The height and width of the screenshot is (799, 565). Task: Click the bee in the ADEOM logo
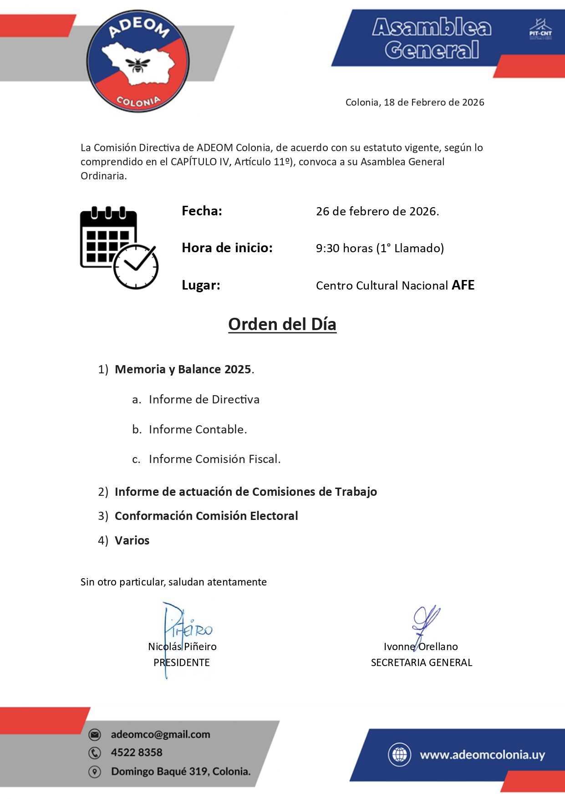pos(138,65)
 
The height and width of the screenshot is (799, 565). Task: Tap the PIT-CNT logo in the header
pos(540,30)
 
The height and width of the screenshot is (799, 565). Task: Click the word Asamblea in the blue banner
pos(432,28)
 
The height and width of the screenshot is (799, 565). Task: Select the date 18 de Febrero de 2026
pos(434,102)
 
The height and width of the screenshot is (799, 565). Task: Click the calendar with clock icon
pos(119,247)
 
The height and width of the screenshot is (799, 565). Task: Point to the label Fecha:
pos(202,211)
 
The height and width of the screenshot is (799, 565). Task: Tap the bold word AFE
pos(463,285)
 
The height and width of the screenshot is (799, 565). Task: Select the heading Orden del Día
pos(282,324)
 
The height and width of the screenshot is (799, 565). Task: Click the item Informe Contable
pos(198,429)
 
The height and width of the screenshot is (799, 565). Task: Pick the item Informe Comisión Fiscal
pos(214,459)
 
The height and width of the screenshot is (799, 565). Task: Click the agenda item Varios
pos(132,540)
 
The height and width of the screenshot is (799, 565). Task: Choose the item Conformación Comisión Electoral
pos(206,516)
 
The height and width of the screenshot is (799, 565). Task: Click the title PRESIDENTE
pos(182,662)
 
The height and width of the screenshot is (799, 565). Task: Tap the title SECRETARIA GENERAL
pos(422,662)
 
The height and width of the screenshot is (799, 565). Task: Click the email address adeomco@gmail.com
pos(161,734)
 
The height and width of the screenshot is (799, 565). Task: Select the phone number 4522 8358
pos(137,753)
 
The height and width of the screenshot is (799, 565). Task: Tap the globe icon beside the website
pos(399,754)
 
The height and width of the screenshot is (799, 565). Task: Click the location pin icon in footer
pos(95,772)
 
